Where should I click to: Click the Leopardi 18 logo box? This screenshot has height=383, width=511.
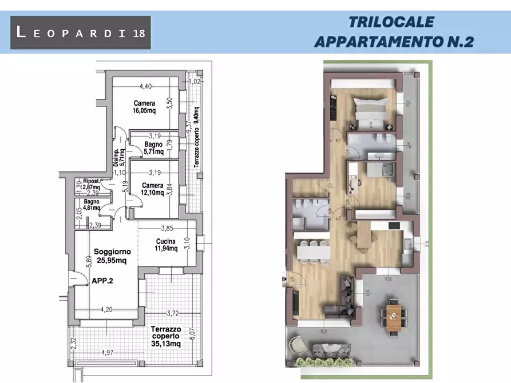[81, 32]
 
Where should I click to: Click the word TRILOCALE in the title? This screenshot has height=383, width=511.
[391, 22]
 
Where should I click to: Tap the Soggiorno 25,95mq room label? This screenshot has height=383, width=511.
[113, 256]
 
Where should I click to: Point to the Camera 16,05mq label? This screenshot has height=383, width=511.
[144, 107]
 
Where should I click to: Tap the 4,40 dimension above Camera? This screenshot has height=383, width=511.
[145, 87]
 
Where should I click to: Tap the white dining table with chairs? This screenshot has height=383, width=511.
[311, 250]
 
